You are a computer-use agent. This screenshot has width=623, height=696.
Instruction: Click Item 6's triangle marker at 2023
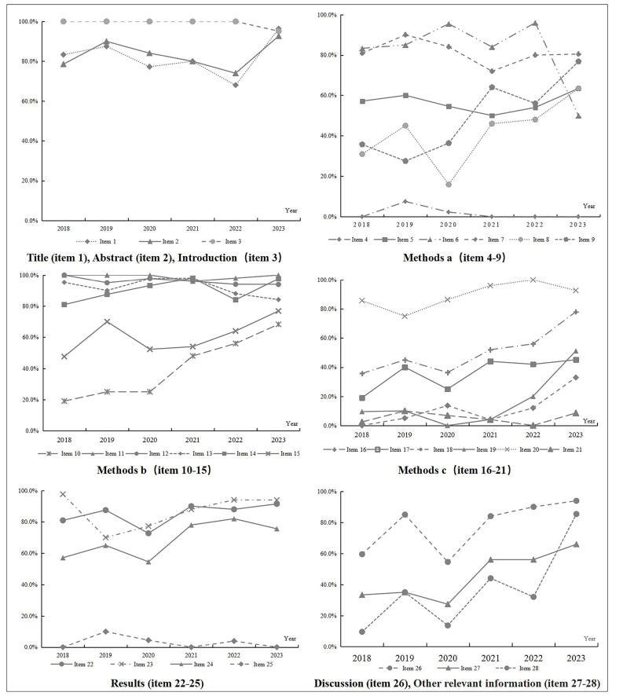click(578, 115)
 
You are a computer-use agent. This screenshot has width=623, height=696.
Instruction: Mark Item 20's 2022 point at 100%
click(533, 280)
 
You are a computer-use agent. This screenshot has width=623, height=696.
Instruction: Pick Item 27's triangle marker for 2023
click(576, 544)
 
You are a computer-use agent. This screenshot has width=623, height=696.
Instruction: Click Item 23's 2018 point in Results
click(63, 494)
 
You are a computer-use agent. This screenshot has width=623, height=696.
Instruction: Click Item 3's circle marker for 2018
click(63, 21)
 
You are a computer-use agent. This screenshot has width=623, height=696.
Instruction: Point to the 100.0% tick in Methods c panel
click(329, 280)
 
